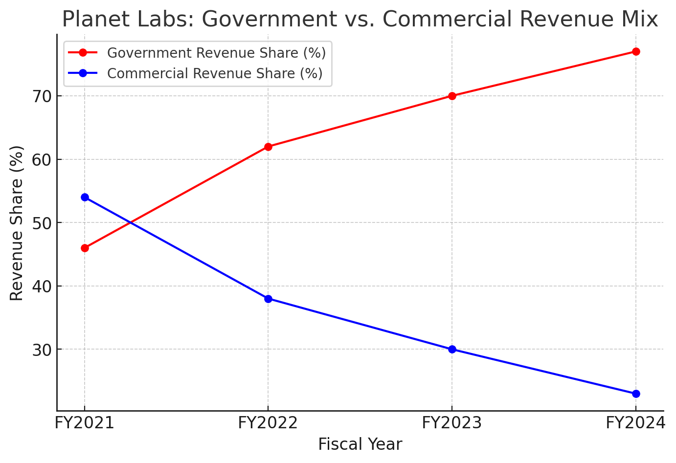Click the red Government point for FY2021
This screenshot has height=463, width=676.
pos(85,248)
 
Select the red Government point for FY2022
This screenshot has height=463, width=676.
pos(268,147)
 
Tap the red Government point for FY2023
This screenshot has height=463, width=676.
pos(452,96)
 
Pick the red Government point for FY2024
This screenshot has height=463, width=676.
pos(636,52)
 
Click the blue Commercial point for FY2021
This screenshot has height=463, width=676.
pos(85,197)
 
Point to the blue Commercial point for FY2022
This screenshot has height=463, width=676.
pos(268,299)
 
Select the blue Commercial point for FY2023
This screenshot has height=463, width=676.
pos(452,349)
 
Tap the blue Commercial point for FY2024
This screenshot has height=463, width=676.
pos(636,394)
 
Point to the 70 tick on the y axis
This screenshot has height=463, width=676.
pos(43,96)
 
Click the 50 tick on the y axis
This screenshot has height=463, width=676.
pos(43,223)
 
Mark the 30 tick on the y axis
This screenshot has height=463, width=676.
pos(43,350)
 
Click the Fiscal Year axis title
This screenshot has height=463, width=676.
pos(360,444)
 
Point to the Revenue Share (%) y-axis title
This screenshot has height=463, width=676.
pos(17,223)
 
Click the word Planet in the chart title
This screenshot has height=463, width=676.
pos(90,20)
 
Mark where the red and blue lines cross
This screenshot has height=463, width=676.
pos(131,222)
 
